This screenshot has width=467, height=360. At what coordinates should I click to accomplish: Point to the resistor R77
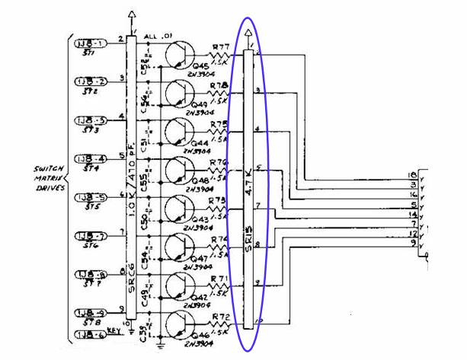[x=222, y=55]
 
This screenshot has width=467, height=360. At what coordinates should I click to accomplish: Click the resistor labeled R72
[x=222, y=323]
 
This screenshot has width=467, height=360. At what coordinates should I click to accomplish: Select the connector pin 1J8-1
[x=90, y=43]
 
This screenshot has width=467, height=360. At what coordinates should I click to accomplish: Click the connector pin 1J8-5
[x=90, y=197]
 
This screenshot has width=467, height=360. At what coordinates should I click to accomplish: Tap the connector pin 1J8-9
[x=90, y=312]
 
